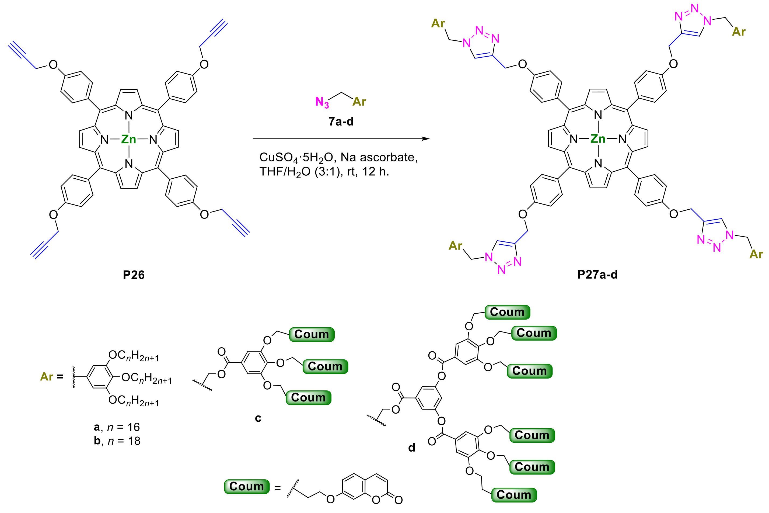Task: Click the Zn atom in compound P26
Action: click(x=128, y=139)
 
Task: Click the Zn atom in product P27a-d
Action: click(x=598, y=139)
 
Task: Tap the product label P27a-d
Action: click(x=597, y=275)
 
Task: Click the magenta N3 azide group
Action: click(x=322, y=102)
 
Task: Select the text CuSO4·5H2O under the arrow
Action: click(x=296, y=158)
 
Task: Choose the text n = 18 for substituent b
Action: click(x=124, y=441)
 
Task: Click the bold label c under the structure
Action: click(x=258, y=418)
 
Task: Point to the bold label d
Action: click(x=412, y=448)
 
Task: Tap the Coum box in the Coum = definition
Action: click(x=247, y=487)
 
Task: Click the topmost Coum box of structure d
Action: click(x=507, y=312)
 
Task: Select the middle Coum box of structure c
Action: click(x=325, y=366)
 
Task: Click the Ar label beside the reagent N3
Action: click(x=359, y=102)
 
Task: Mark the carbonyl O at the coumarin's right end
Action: click(x=398, y=500)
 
